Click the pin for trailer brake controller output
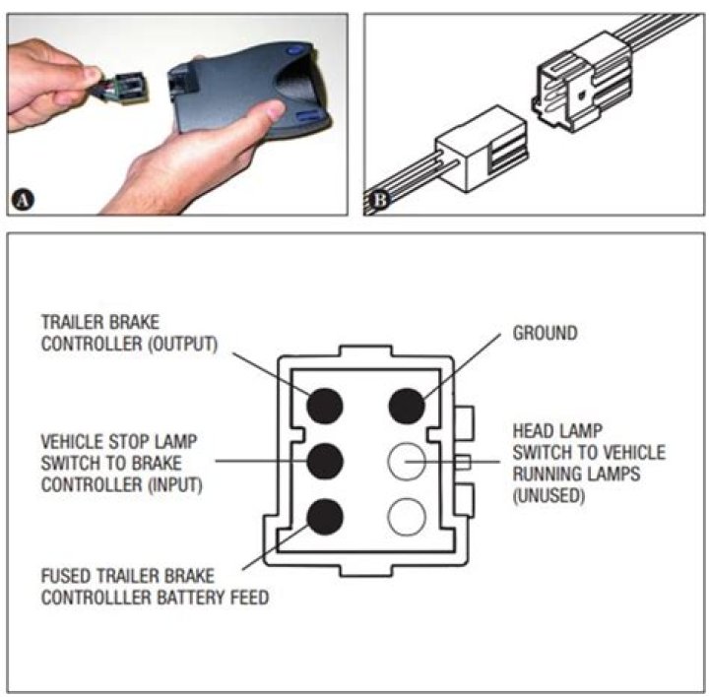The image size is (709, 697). (326, 404)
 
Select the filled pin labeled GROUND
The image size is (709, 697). (406, 404)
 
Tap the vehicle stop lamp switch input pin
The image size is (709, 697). (326, 460)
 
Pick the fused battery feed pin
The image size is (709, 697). (326, 515)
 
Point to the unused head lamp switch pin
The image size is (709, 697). (406, 460)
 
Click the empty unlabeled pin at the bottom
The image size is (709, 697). (406, 515)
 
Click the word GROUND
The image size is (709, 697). (545, 334)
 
